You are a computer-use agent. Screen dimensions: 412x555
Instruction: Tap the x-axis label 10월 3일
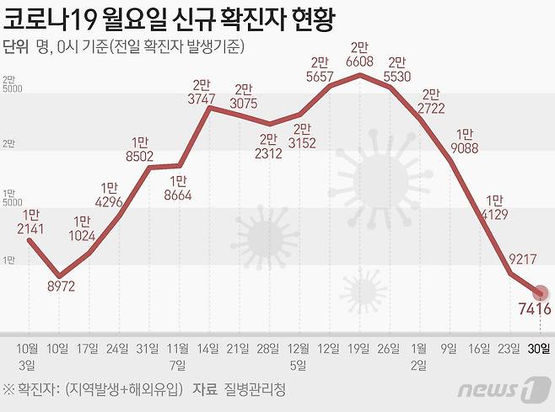(29, 355)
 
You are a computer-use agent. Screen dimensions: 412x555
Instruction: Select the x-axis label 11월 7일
(177, 355)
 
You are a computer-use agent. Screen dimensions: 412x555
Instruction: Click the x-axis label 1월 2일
(419, 355)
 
